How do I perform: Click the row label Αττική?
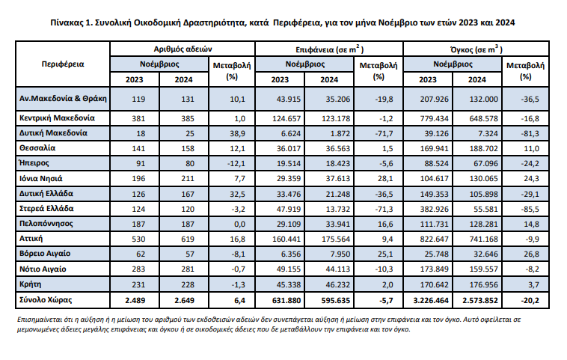coord(31,239)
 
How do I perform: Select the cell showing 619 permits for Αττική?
coord(188,240)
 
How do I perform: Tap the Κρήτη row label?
coord(31,284)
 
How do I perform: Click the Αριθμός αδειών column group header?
coord(183,49)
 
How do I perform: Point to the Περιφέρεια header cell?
coord(63,64)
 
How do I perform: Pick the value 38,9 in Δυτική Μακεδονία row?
coord(238,133)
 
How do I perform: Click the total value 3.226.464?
coord(431,300)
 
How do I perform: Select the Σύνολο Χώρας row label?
coord(46,300)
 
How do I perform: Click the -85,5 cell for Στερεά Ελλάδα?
coord(530,209)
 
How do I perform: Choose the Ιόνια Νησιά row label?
coord(41,179)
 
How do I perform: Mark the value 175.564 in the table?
coord(336,240)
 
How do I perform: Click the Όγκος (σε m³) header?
coord(476,49)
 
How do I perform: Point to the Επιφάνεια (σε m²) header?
coord(329,49)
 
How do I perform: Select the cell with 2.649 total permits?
coord(185,300)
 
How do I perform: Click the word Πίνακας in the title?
coord(67,22)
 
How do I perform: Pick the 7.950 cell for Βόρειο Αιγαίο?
coord(340,254)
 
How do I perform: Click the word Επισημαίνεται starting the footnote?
coord(37,320)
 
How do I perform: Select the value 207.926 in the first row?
coord(434,99)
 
